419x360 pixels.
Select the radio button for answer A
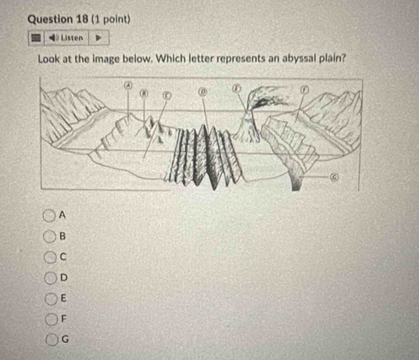[x=49, y=215]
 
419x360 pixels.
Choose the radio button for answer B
[x=49, y=236]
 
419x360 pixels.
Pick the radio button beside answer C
[x=50, y=257]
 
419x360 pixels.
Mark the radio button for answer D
[x=50, y=278]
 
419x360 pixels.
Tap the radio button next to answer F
[x=51, y=319]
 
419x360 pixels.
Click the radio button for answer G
[x=52, y=340]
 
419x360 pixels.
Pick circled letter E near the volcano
[x=236, y=88]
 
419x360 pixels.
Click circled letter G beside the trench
[x=333, y=176]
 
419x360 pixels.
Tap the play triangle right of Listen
[x=98, y=38]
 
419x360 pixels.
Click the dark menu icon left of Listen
[x=36, y=38]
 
